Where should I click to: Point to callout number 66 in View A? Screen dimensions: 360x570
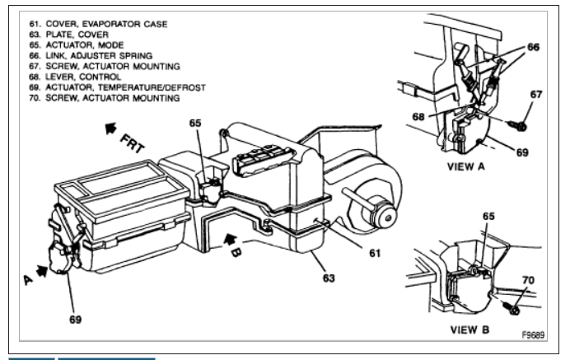pyautogui.click(x=533, y=49)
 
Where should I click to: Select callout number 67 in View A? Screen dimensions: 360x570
pyautogui.click(x=535, y=96)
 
